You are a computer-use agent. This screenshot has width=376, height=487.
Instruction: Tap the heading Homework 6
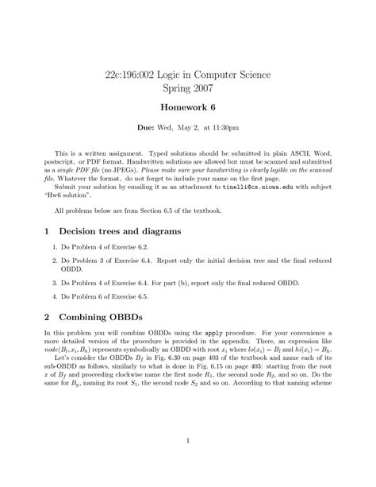(x=188, y=114)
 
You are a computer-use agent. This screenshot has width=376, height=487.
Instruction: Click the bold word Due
(x=146, y=137)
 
